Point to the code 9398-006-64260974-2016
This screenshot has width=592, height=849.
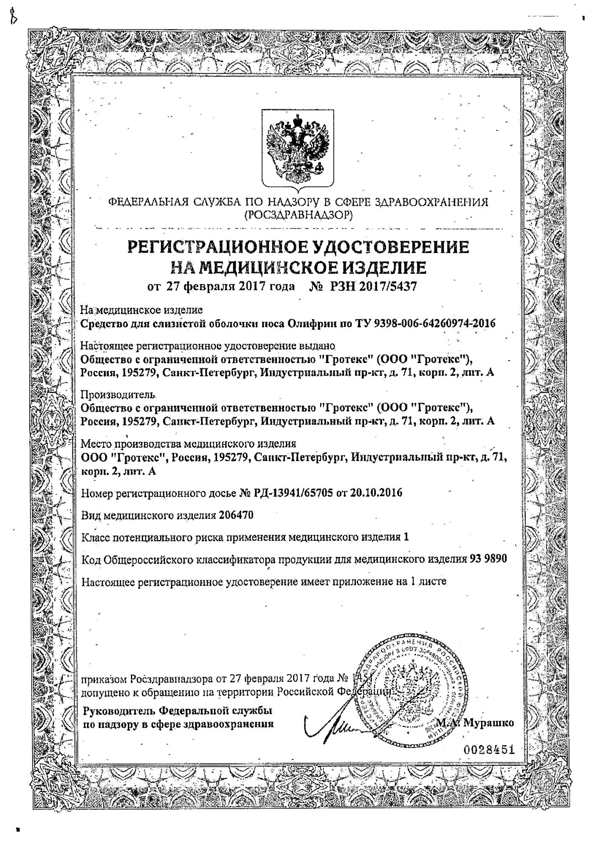(435, 323)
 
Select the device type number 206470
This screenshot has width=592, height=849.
(236, 515)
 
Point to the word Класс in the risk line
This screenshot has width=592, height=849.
(94, 537)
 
